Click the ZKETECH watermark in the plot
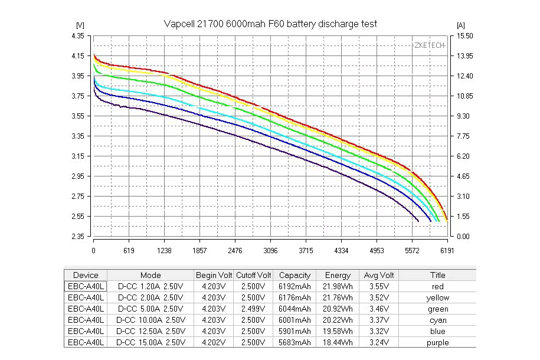429,45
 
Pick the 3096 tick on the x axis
270,251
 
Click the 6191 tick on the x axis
447,251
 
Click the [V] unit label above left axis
80,25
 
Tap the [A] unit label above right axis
461,25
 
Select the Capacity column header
294,275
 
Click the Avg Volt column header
378,275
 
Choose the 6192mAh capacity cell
294,286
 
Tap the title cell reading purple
437,342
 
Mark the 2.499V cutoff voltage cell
253,309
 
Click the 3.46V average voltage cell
378,309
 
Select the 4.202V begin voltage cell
214,342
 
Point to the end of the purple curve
418,221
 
